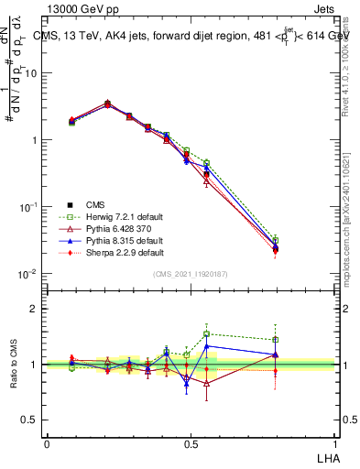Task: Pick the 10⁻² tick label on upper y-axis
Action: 29,275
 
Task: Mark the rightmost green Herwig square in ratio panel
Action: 275,340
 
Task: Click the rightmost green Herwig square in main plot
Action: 275,240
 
